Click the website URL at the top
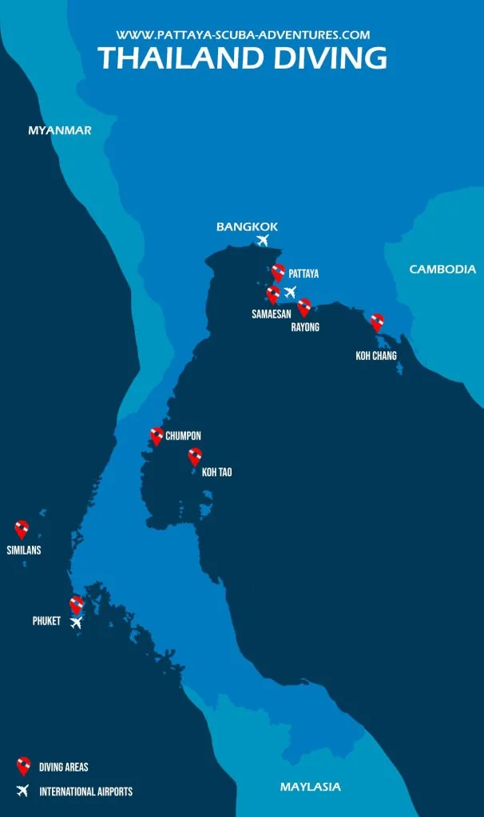tap(243, 35)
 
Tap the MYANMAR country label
tap(60, 130)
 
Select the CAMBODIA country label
tap(442, 270)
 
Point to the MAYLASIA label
tap(310, 787)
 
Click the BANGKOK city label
tap(247, 227)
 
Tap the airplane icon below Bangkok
tap(263, 240)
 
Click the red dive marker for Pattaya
tap(278, 273)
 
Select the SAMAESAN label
tap(272, 314)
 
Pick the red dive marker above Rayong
tap(303, 307)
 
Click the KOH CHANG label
tap(376, 356)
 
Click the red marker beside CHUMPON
tap(157, 436)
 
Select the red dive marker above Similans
tap(22, 529)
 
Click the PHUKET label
tap(46, 621)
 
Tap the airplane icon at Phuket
tap(76, 622)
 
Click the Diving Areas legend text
tap(64, 768)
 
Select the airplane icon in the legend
tap(23, 791)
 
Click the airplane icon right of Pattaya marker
tap(290, 292)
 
